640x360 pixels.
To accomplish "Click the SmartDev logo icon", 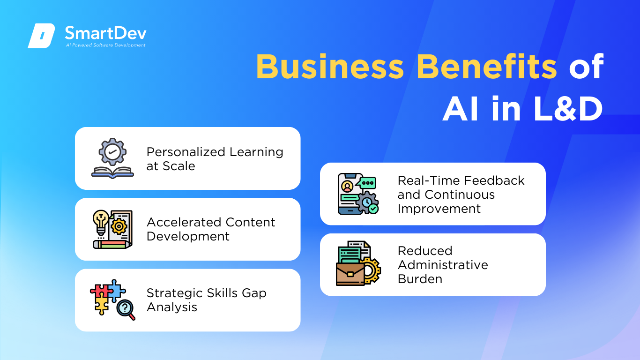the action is [x=41, y=36].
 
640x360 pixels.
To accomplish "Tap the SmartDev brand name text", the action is [x=106, y=33].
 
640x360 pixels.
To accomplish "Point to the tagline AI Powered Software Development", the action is [x=105, y=45].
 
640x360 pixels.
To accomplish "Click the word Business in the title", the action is [x=330, y=67].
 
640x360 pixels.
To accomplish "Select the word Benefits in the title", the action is [x=487, y=67].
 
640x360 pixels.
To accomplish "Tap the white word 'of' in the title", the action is [x=587, y=67].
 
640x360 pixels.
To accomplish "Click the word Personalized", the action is [x=186, y=152].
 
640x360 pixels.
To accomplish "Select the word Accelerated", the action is [x=184, y=222].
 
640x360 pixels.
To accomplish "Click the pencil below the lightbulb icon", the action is [x=112, y=245].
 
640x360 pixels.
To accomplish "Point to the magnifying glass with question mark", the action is [x=126, y=309].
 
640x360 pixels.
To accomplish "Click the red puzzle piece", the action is [x=100, y=291].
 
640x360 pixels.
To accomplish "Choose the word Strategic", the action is [x=175, y=293].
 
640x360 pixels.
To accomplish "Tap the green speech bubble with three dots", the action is [x=367, y=183].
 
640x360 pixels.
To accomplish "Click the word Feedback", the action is [x=494, y=180].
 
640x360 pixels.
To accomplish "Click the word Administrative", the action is [x=443, y=265].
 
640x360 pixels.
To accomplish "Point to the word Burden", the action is [x=420, y=279].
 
